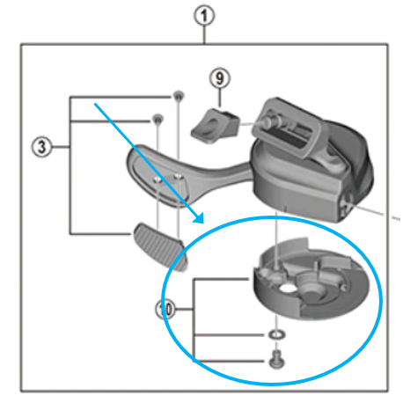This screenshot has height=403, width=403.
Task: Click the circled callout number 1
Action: pos(204,16)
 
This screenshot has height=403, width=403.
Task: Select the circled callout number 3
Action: pos(38,145)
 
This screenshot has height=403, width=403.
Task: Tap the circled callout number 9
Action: pos(218,78)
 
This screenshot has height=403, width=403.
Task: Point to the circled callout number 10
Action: pos(165,309)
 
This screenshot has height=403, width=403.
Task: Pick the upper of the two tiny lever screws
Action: pos(177,95)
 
